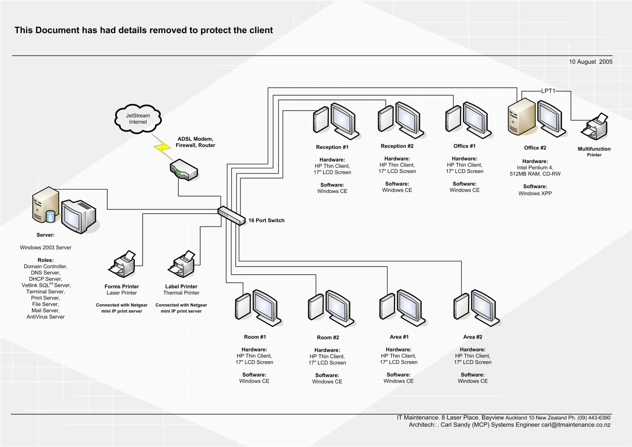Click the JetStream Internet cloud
tap(138, 119)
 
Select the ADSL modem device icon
tap(184, 170)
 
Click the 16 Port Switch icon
tap(231, 216)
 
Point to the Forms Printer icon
tap(123, 264)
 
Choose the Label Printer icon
tap(182, 264)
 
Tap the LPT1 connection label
tap(548, 91)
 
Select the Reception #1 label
tap(332, 147)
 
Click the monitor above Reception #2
tap(408, 119)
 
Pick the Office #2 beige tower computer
tap(521, 116)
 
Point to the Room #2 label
tap(327, 337)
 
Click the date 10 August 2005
tap(590, 62)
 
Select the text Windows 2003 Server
tap(46, 247)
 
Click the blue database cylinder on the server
tap(50, 216)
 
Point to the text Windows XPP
tap(535, 193)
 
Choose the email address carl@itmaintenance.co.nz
tap(575, 424)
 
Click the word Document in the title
tap(57, 30)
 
